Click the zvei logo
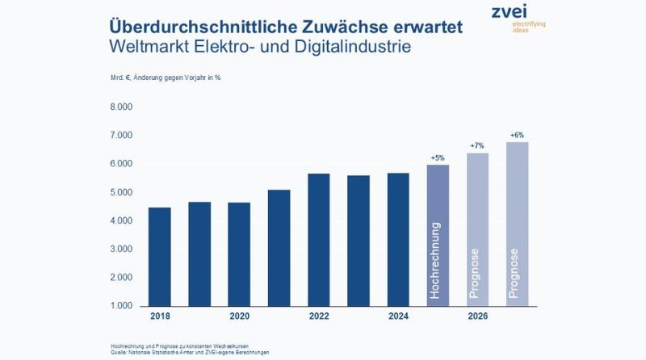518,18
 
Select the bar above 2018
160,257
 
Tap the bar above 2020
239,254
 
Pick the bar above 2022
318,240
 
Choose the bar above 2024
398,239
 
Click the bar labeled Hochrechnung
438,236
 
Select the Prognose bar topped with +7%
477,229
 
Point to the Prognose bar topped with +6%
518,224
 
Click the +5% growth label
438,157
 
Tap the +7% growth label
477,146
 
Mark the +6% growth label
517,135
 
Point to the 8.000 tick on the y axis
121,107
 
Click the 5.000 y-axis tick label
121,192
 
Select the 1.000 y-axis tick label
121,306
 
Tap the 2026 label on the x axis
477,316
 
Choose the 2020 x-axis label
239,316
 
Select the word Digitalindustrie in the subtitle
353,46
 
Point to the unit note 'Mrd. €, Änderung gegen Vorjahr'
161,77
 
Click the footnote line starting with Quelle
190,353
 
